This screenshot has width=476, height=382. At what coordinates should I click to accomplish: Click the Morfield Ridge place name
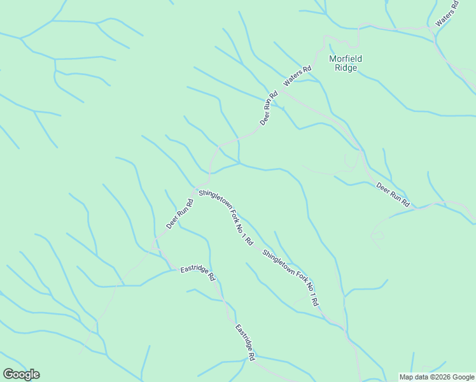coord(346,63)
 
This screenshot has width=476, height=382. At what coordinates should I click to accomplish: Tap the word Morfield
coord(346,59)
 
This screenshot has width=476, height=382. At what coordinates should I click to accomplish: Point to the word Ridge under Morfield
coord(346,67)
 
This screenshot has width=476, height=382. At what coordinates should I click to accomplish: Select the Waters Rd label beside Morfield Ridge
coord(297,76)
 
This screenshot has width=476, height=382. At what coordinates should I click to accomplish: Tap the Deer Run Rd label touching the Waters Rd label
coord(269,109)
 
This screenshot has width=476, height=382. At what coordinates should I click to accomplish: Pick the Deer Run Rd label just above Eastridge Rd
coord(179,215)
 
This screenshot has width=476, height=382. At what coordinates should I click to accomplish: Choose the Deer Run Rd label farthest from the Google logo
coord(393,195)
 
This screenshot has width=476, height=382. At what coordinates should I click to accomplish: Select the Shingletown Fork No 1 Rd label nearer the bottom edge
coord(290,278)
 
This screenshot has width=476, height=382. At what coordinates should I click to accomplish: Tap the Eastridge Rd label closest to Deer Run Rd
coord(198,272)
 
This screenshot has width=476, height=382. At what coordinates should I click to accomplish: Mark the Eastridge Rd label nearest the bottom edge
coord(245,343)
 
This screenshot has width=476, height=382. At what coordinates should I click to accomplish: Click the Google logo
coord(21,374)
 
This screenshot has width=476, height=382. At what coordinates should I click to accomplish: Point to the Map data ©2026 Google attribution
coord(437,377)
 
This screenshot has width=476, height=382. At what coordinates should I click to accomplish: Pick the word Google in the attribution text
coord(463,377)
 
